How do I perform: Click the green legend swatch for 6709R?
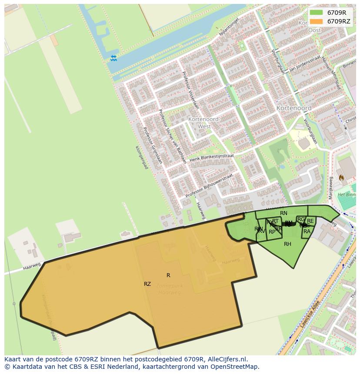pos(317,13)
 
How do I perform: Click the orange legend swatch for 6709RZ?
pos(317,21)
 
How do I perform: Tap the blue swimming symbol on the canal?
pos(113,58)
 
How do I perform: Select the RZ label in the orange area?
pos(147,284)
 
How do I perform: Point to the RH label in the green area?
pos(287,244)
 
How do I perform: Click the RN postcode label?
pos(283,213)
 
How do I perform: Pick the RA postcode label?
pos(307,232)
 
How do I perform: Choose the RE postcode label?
pos(310,221)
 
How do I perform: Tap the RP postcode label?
pos(272,232)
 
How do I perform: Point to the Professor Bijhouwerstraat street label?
pos(209,186)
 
